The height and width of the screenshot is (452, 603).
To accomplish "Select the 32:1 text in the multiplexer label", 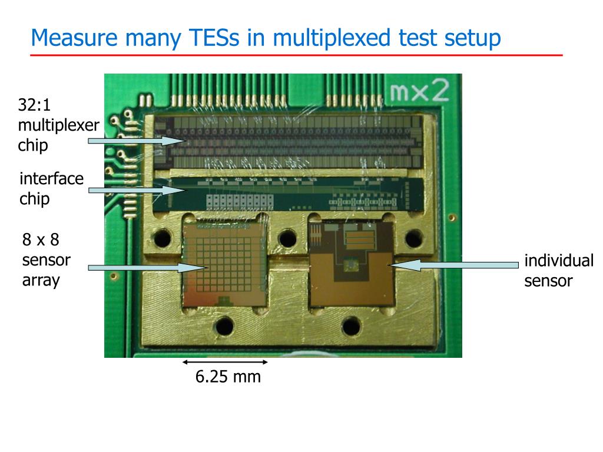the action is (34, 105).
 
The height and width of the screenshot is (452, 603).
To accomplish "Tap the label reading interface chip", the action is (51, 188).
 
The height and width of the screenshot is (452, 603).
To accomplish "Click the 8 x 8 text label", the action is (41, 240).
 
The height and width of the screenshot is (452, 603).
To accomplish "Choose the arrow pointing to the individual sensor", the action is (448, 265).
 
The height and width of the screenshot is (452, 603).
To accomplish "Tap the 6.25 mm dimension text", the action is (228, 377).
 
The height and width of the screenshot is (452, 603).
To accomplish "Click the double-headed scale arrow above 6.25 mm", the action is (225, 362).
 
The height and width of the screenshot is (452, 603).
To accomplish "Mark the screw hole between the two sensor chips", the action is (287, 237).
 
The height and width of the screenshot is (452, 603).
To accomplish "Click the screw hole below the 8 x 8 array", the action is (225, 324).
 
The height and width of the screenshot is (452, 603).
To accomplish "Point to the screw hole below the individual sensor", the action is (351, 324).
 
